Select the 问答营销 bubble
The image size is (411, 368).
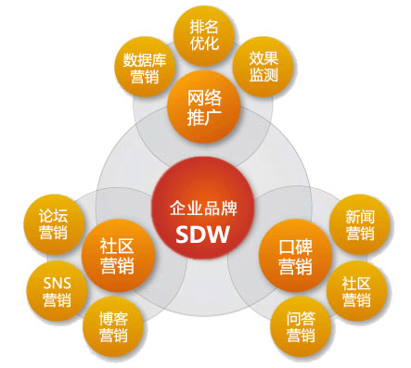(x=299, y=325)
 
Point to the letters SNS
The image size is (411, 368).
(x=56, y=281)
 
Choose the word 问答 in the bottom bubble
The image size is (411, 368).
(x=299, y=317)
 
